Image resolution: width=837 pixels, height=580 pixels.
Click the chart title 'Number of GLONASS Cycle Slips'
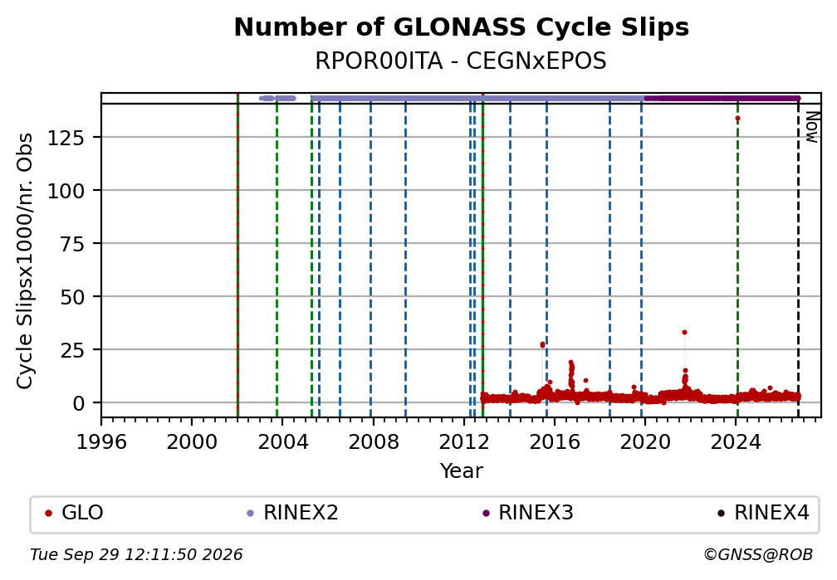click(x=461, y=27)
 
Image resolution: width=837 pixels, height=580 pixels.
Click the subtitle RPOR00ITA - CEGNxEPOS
click(x=461, y=61)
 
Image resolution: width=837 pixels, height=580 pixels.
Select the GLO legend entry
click(x=74, y=513)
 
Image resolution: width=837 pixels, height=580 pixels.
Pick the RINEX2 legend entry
click(x=292, y=513)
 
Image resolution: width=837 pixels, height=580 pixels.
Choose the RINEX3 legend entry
click(x=527, y=513)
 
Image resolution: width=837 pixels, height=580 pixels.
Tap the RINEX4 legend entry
click(x=763, y=513)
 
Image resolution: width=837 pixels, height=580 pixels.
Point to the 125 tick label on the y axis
click(x=66, y=139)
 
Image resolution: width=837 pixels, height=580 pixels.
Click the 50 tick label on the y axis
click(x=72, y=297)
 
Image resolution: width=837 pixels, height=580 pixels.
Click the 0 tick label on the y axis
click(x=79, y=403)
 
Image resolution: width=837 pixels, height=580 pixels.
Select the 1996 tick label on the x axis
click(x=101, y=441)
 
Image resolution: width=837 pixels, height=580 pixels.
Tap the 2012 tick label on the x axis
click(x=464, y=441)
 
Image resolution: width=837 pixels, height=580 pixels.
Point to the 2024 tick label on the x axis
click(x=736, y=441)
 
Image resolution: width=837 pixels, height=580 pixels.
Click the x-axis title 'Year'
click(x=461, y=470)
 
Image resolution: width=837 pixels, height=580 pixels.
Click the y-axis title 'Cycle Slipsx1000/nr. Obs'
click(x=25, y=261)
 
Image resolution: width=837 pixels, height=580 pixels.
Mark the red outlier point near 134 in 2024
click(x=737, y=119)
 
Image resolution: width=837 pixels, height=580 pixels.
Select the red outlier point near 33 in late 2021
click(x=684, y=333)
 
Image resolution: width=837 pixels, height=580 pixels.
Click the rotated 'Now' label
click(x=811, y=127)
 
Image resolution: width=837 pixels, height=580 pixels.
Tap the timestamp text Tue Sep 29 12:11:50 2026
click(x=136, y=555)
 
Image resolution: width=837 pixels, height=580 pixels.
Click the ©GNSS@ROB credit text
click(x=758, y=555)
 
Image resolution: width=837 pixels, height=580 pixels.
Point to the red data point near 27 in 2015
click(x=542, y=344)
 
